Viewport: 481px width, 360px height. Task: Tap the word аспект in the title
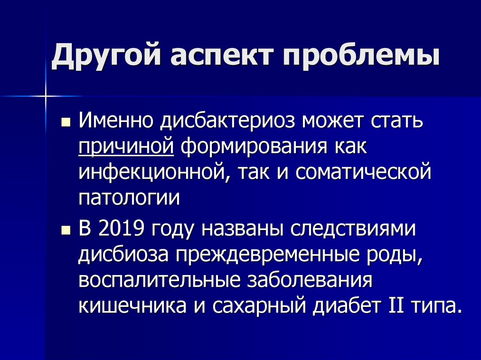point(220,58)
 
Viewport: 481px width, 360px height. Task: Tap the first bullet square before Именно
point(65,123)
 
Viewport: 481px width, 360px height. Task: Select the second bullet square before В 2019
point(65,230)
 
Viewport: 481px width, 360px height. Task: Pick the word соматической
point(364,172)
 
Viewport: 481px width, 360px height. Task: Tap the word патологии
point(129,197)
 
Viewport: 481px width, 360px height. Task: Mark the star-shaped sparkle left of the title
point(46,96)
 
